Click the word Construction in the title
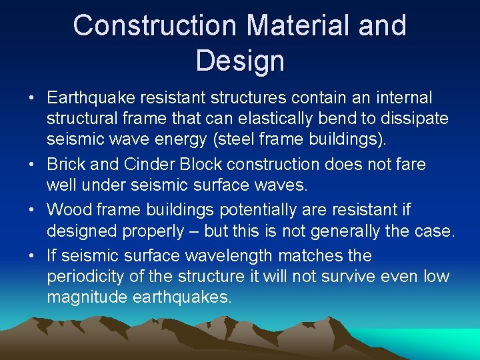pyautogui.click(x=155, y=26)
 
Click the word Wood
pyautogui.click(x=69, y=210)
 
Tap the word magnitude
pyautogui.click(x=87, y=298)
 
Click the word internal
pyautogui.click(x=403, y=99)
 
